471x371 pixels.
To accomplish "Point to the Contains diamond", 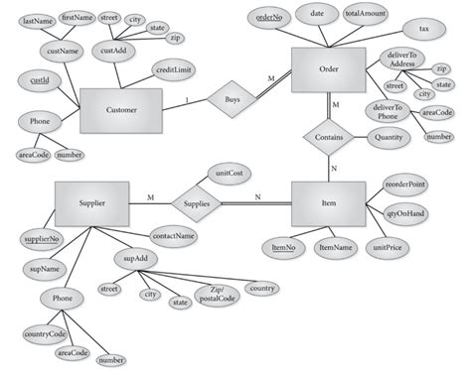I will tap(329, 137).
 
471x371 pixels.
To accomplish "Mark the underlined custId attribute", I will tap(40, 78).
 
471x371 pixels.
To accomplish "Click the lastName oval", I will tap(37, 21).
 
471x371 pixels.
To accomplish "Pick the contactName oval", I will tap(173, 237).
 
